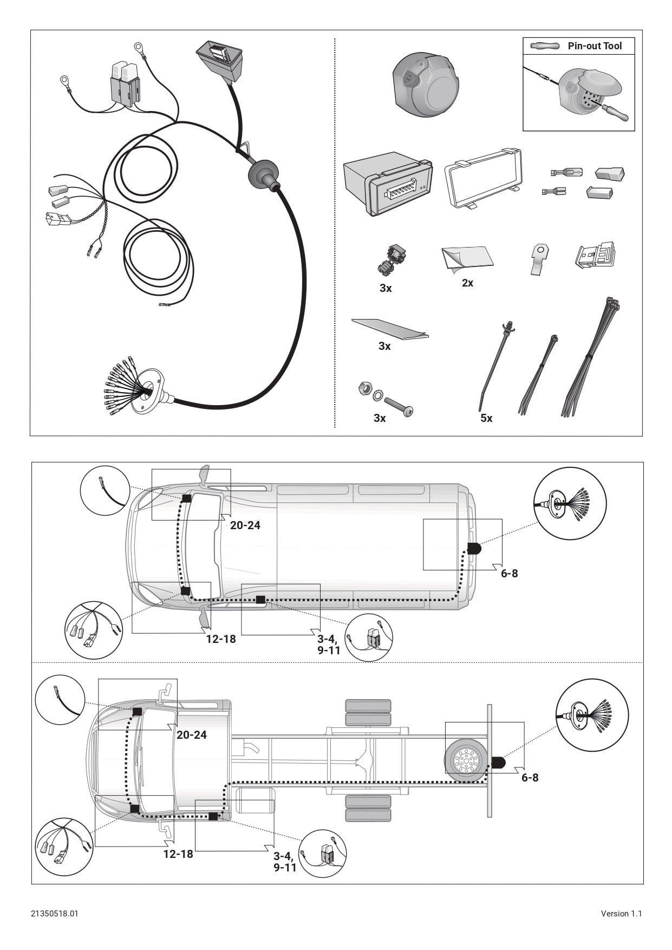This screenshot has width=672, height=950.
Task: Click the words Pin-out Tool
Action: click(595, 46)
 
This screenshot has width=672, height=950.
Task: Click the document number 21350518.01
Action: click(55, 914)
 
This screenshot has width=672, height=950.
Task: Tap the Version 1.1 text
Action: click(621, 914)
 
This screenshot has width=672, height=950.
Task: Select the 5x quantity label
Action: click(486, 418)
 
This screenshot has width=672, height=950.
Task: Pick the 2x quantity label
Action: click(467, 283)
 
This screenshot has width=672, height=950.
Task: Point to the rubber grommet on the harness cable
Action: click(263, 173)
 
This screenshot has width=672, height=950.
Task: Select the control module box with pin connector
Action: click(387, 183)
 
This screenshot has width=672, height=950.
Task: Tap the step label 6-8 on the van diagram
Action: click(509, 573)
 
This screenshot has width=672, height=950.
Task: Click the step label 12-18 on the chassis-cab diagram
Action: click(178, 854)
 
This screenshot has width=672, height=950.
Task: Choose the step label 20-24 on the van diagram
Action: click(245, 525)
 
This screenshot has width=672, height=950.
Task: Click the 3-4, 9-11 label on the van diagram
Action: click(329, 645)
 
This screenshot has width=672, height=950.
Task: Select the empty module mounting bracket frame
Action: click(483, 178)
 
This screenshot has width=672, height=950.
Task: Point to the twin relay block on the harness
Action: click(125, 81)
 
